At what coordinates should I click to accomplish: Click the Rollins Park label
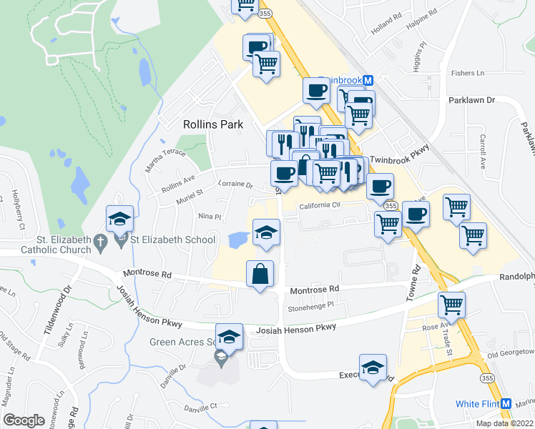coord(213,124)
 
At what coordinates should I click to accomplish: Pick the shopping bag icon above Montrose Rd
coord(260,273)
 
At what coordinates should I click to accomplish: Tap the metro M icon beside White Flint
coord(506,404)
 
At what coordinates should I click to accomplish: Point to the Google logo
coord(24,420)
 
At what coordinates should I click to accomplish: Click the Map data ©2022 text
coord(504,423)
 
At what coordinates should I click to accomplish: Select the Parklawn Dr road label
coord(471,101)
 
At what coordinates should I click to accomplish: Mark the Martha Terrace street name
coord(166,155)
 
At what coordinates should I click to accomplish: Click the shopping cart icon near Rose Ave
coord(451,305)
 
